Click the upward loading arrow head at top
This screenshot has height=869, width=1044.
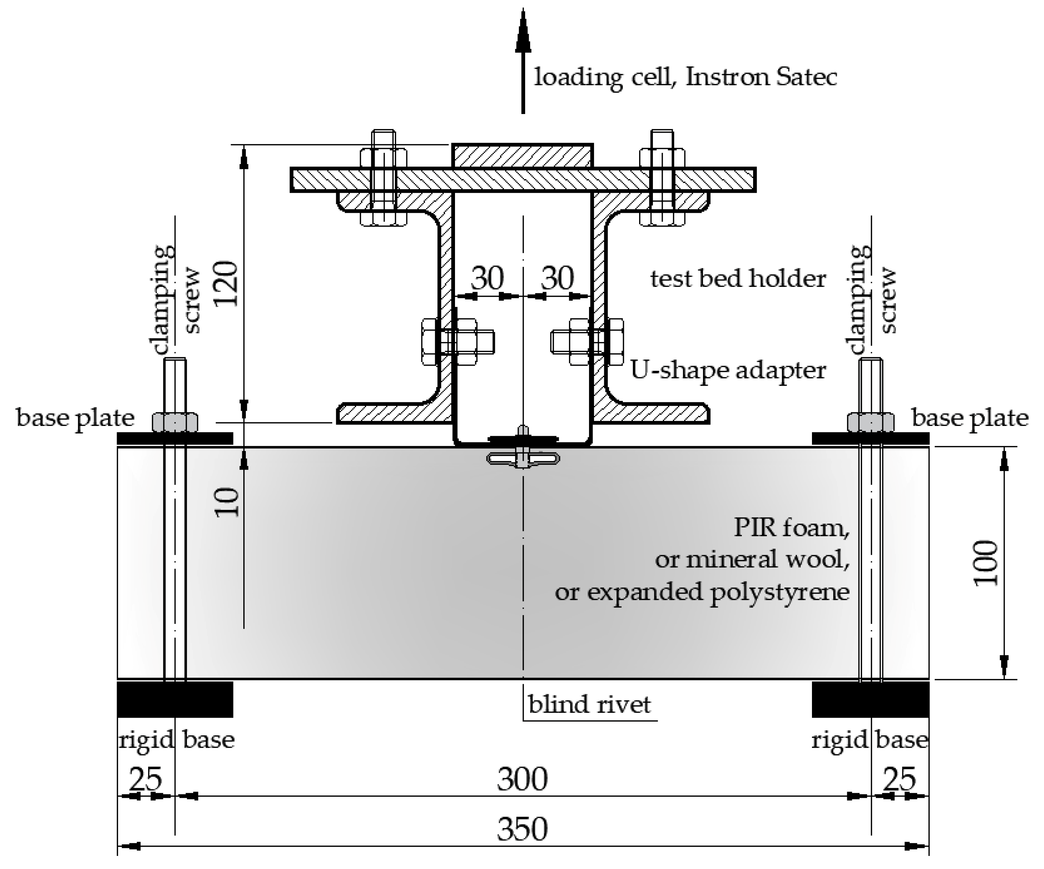[x=523, y=30]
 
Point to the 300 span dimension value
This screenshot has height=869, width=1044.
[x=523, y=779]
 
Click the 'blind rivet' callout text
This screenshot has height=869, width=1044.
[x=589, y=705]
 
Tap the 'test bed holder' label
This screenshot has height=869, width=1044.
[x=738, y=279]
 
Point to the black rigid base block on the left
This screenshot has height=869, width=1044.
[x=175, y=699]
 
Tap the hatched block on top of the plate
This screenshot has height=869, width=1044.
[x=522, y=155]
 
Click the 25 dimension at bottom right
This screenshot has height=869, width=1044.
[x=899, y=779]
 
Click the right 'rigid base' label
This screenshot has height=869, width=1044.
[x=869, y=740]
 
